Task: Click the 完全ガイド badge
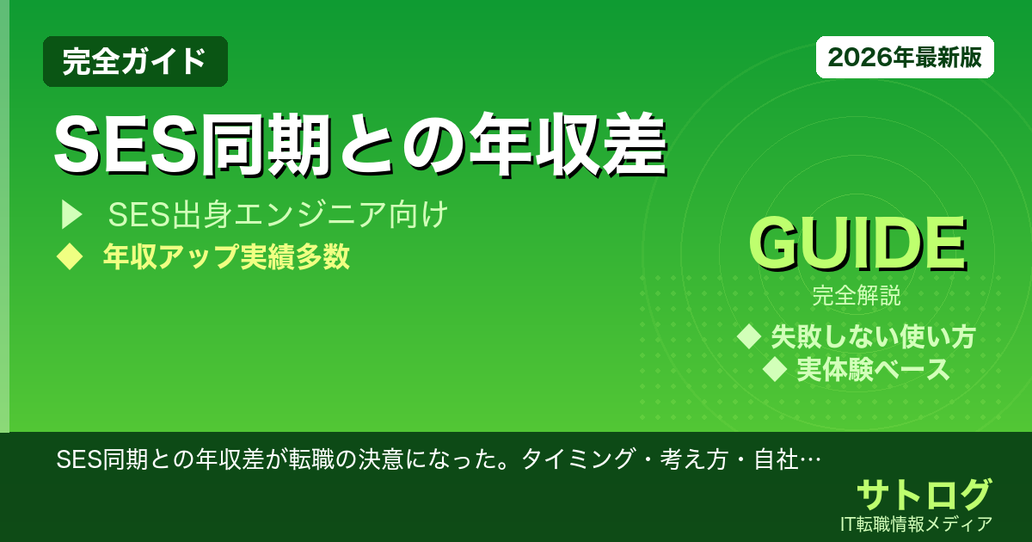[135, 61]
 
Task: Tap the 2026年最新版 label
[905, 58]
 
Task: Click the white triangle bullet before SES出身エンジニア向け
[71, 215]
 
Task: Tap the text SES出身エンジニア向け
[278, 215]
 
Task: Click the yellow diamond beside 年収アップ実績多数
[68, 256]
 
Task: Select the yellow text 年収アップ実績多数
[226, 257]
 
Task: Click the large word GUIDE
[857, 246]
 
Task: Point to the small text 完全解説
[857, 298]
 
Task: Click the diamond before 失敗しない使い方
[749, 336]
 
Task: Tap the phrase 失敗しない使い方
[873, 336]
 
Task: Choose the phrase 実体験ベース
[873, 370]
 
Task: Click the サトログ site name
[924, 495]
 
